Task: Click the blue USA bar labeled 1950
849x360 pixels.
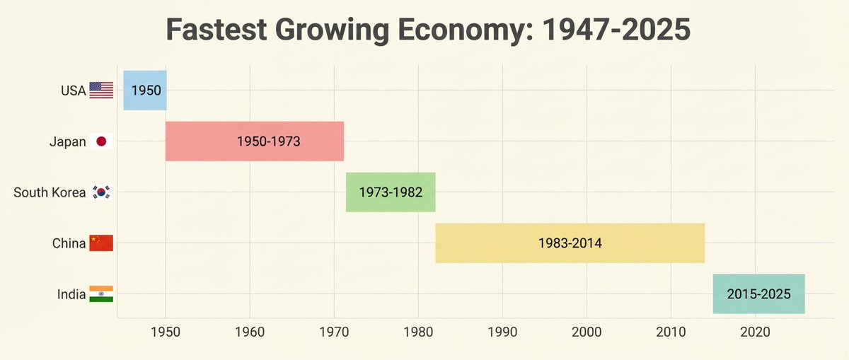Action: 145,91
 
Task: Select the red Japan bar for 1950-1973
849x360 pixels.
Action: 255,141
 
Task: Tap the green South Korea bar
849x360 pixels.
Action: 391,192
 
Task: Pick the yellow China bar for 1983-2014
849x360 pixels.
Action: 570,243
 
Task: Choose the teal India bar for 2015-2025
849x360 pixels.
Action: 758,294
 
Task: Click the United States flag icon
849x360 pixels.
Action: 101,91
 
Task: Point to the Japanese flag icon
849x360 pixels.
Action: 101,141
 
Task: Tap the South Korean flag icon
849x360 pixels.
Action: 101,192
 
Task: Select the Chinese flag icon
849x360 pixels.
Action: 101,243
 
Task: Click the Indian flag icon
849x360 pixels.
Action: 101,294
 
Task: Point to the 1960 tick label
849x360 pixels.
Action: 250,332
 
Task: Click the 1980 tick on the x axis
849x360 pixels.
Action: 418,332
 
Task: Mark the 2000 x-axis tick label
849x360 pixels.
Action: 587,332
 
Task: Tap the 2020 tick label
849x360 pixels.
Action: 755,332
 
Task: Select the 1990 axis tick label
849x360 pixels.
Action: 502,332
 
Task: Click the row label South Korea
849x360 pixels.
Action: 50,192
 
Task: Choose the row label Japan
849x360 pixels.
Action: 68,141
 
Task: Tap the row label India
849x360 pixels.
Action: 71,294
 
